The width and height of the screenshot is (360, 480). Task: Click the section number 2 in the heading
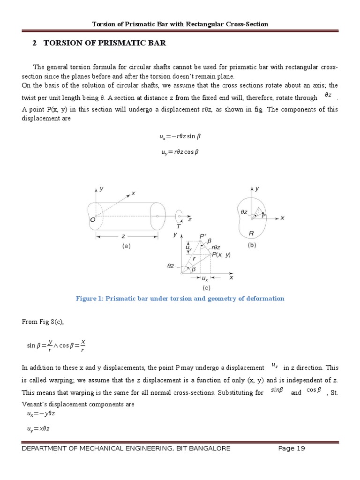coord(34,43)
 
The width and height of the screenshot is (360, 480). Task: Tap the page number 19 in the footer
coord(300,449)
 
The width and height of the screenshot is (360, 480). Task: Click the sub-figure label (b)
coord(252,245)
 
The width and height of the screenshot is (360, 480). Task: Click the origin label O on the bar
coord(92,219)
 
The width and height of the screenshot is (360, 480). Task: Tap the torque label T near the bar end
coord(179,226)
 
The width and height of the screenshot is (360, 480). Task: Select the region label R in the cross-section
coord(251,233)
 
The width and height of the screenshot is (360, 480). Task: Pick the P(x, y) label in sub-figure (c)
coord(221,255)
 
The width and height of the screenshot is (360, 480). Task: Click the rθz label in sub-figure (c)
coord(216,247)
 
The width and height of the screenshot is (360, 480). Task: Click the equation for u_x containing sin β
coord(180,137)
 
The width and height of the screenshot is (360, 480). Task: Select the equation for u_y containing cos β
coord(180,152)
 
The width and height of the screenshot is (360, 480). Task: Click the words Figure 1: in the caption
coord(88,299)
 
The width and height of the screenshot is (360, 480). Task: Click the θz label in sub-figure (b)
coord(244,212)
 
